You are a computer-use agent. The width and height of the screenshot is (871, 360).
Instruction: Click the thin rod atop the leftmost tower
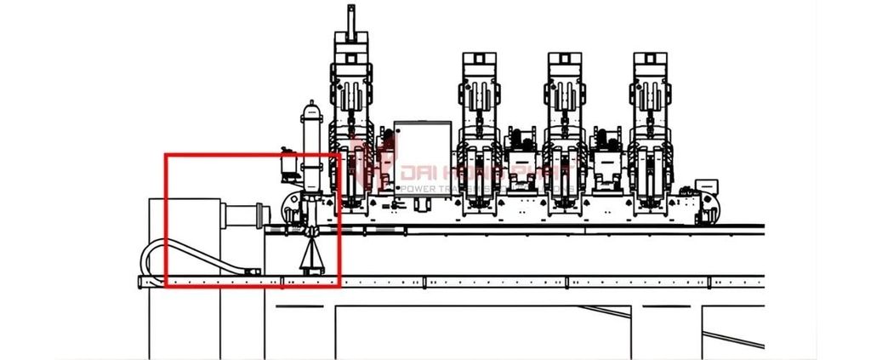[x=349, y=19]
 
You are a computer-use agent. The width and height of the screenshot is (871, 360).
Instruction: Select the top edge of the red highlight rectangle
[x=252, y=155]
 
